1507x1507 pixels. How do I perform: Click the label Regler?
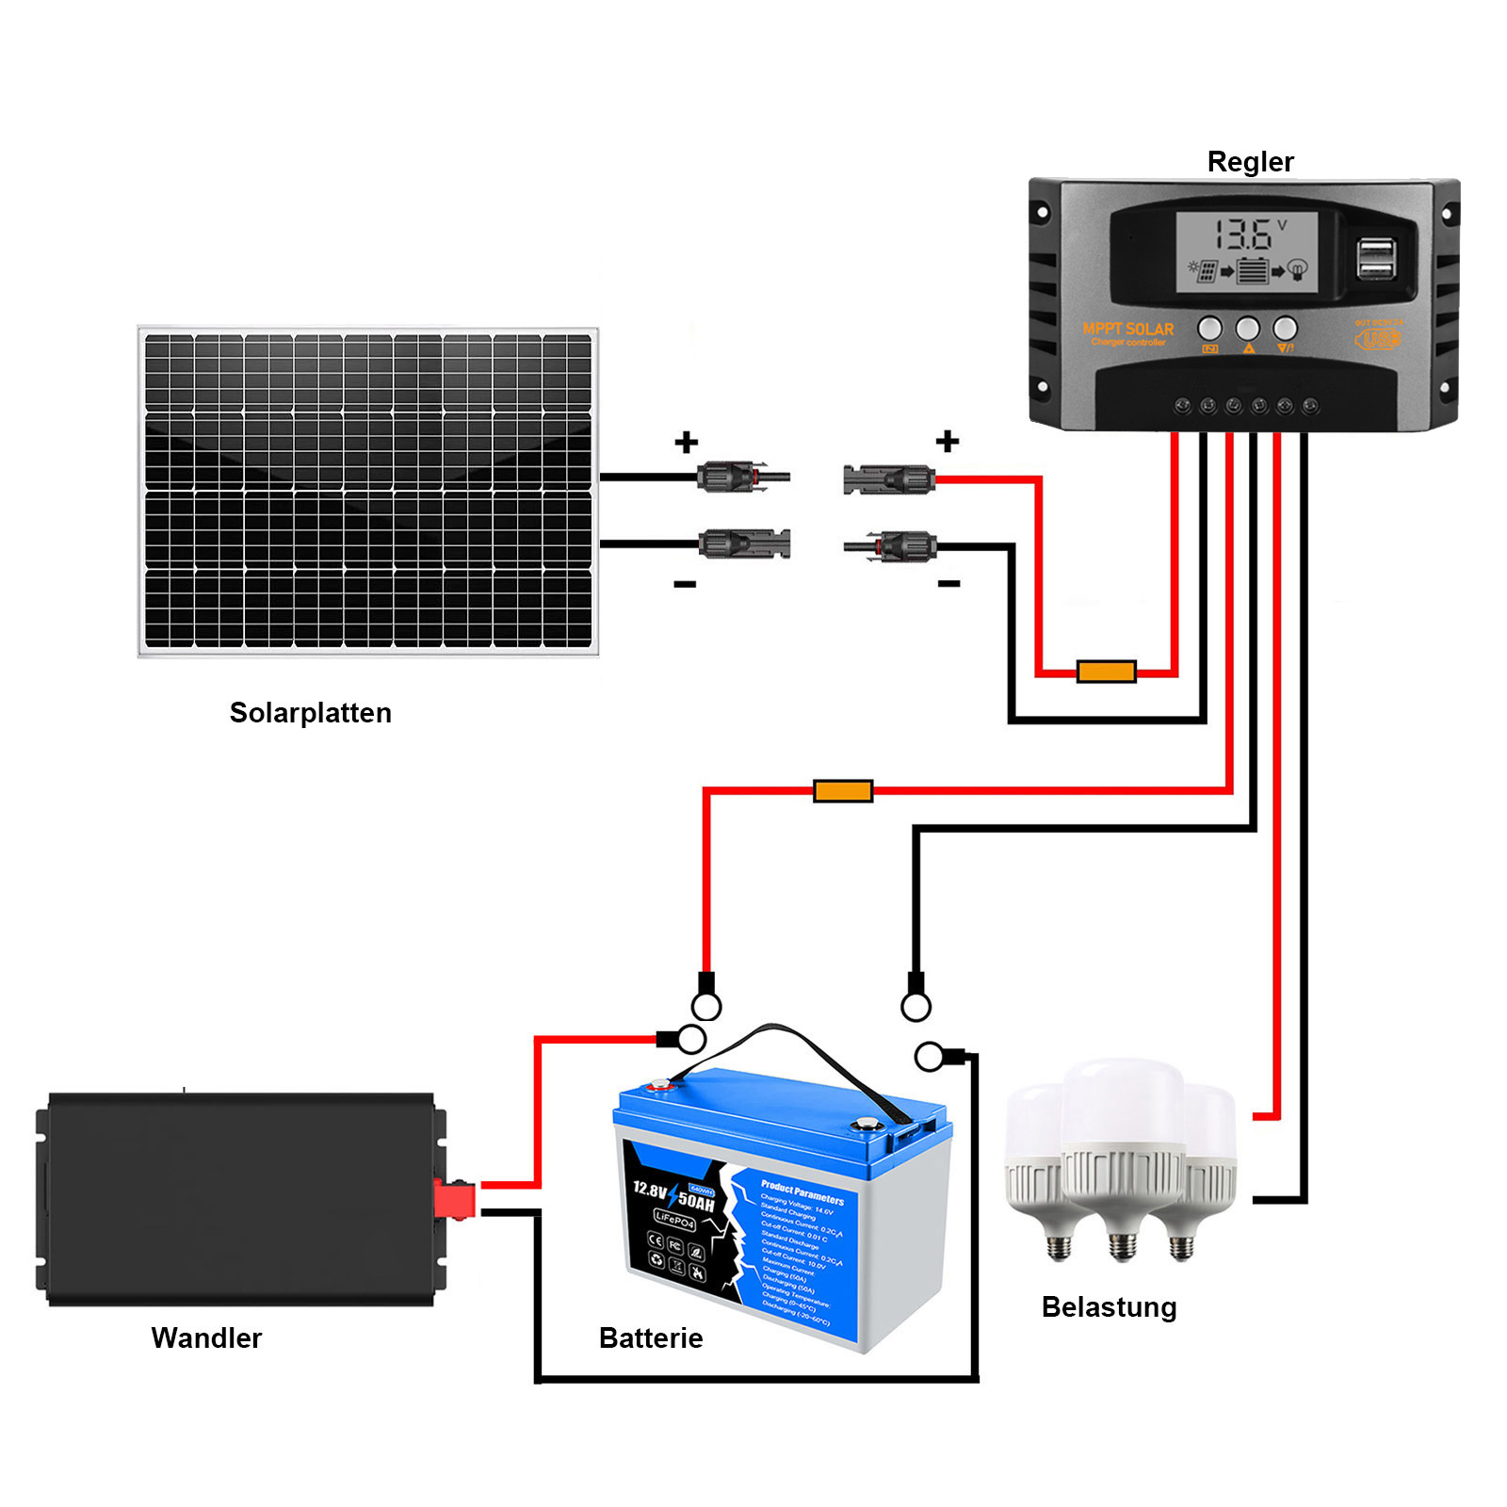click(x=1250, y=162)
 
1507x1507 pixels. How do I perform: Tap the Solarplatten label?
click(x=310, y=713)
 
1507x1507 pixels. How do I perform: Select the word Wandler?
click(x=206, y=1337)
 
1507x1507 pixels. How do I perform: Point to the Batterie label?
click(x=651, y=1337)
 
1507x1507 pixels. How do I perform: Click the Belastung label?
click(x=1109, y=1307)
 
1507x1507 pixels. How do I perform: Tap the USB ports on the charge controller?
click(x=1375, y=259)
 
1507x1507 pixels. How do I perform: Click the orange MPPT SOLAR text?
click(x=1127, y=329)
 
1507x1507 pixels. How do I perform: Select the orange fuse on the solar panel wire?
click(x=1106, y=672)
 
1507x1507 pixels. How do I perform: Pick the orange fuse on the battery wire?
click(x=843, y=791)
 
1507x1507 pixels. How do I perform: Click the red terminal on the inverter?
click(x=454, y=1199)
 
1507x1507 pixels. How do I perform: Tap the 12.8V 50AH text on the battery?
click(x=672, y=1196)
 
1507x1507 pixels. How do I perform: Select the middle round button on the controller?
click(x=1247, y=329)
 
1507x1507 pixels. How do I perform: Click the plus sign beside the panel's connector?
click(x=687, y=442)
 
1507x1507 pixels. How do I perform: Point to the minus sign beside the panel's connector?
click(x=685, y=585)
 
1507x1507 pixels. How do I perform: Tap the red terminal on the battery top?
click(x=658, y=1085)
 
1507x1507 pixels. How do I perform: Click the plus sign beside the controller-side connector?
click(x=948, y=441)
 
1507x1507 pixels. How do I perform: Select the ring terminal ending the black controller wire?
click(x=916, y=1006)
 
